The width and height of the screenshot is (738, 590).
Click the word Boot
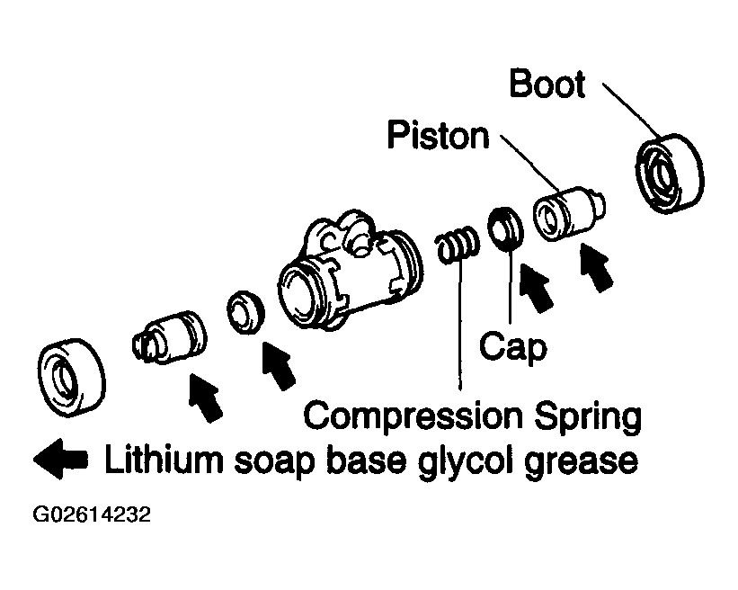pos(547,84)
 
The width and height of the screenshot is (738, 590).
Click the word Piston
pos(438,136)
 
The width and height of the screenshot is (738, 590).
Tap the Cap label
pos(513,347)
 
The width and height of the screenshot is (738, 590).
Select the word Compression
pos(413,416)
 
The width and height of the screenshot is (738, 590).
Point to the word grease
pos(582,462)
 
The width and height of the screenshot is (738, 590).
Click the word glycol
pos(465,461)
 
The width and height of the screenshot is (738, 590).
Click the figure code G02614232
pos(92,514)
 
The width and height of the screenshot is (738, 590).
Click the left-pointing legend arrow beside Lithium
pos(60,459)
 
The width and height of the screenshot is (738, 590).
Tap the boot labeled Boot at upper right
pos(670,174)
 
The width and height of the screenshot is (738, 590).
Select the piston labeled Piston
pos(569,213)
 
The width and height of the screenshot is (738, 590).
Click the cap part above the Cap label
pos(505,228)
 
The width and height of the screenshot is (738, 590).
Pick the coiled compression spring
pos(458,245)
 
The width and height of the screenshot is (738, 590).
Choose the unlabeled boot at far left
pos(72,377)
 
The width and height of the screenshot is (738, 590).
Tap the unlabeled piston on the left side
pos(169,337)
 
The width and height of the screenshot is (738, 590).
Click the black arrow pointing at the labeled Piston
pos(596,267)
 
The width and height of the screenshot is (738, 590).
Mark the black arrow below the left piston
pos(205,398)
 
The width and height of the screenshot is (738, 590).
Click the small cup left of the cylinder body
pos(245,313)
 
